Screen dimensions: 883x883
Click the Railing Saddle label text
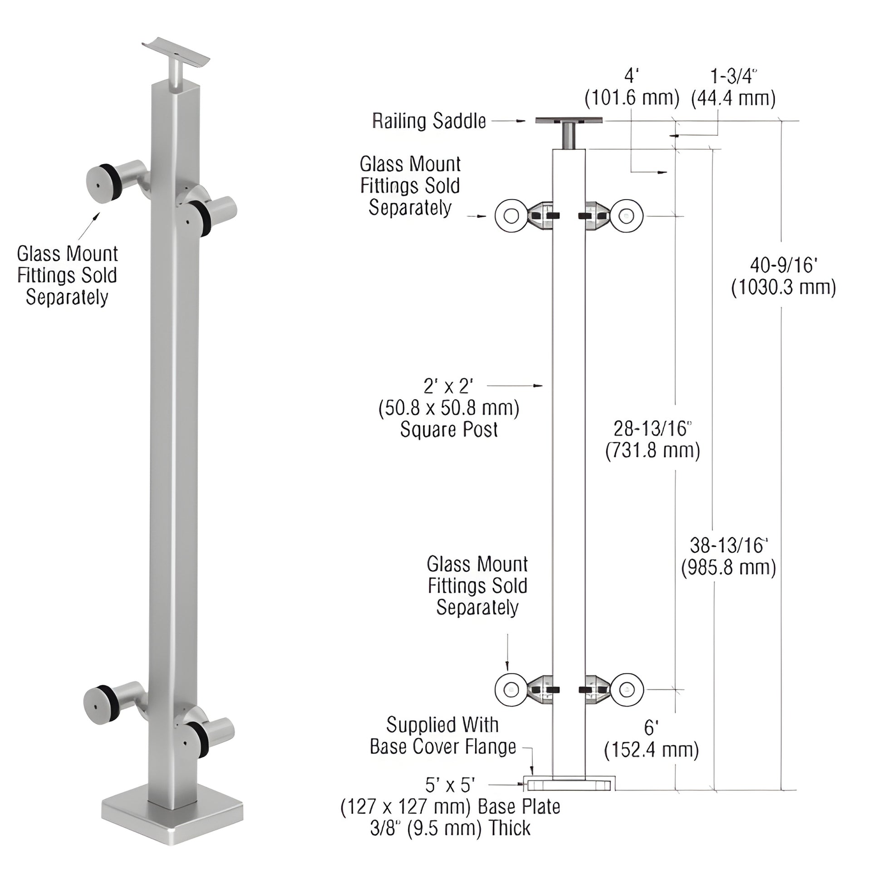click(429, 121)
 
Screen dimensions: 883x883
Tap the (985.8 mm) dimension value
click(729, 568)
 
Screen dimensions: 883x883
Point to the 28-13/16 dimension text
click(652, 429)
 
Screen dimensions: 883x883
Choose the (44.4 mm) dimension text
click(733, 98)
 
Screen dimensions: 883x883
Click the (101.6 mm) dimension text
click(632, 98)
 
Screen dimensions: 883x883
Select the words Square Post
click(449, 430)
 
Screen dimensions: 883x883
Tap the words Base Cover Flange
click(442, 747)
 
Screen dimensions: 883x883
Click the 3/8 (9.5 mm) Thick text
click(450, 828)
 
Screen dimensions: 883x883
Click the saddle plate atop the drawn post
click(569, 121)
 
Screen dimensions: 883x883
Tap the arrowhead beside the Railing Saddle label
click(520, 121)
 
